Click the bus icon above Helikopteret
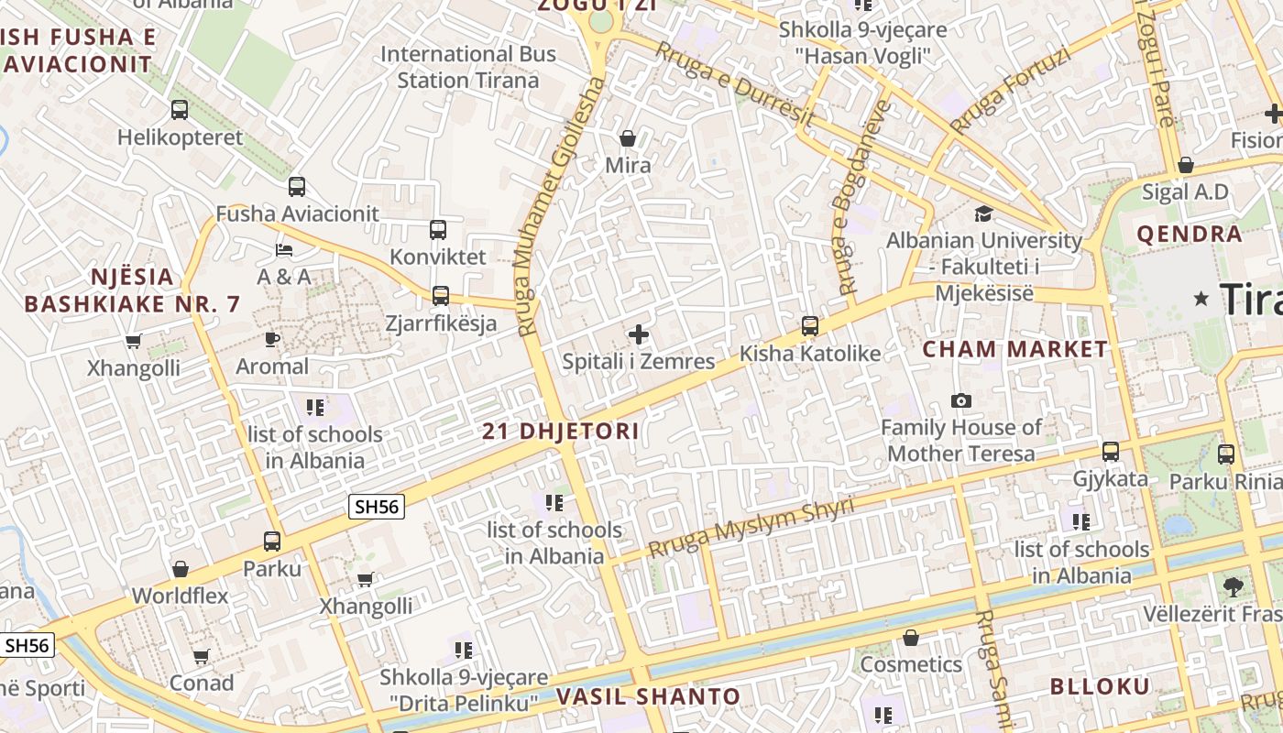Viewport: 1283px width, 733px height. (x=180, y=110)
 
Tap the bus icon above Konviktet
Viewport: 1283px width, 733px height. (x=438, y=229)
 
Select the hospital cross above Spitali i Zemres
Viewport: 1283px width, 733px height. (x=639, y=334)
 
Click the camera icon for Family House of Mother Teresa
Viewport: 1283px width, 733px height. (x=961, y=400)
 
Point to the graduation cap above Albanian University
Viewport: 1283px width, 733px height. (x=983, y=213)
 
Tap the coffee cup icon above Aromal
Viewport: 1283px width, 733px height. (x=272, y=339)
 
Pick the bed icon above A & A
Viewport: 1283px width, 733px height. (x=284, y=249)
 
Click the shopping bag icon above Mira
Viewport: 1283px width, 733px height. (x=628, y=138)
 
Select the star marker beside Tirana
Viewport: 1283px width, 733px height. (x=1201, y=299)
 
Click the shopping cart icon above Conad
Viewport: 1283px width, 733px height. (x=202, y=656)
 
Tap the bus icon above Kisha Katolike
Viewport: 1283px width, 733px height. (x=810, y=325)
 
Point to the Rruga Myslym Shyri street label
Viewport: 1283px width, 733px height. (x=751, y=528)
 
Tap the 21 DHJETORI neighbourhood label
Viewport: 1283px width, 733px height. (x=561, y=431)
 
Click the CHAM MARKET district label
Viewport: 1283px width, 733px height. (x=1014, y=349)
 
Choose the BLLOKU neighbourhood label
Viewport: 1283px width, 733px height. (x=1100, y=686)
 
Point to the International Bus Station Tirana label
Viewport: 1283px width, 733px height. (x=468, y=67)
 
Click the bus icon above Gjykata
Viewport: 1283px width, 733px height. (x=1111, y=451)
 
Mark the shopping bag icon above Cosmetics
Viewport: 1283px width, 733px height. (x=911, y=638)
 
